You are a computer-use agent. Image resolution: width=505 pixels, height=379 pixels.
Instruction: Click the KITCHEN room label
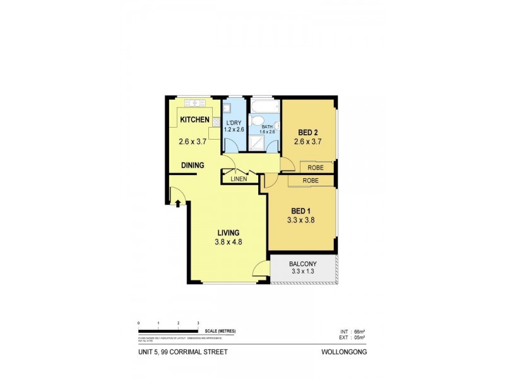194,120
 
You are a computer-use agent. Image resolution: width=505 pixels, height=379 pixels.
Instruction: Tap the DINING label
193,165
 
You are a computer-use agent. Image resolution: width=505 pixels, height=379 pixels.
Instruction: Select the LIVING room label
229,232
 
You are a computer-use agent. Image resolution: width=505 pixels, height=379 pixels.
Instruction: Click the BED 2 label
308,132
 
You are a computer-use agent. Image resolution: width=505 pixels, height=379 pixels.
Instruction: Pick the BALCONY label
302,263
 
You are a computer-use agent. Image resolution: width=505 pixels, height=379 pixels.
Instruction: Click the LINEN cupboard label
239,179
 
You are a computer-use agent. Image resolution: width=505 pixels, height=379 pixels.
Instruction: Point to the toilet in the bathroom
258,121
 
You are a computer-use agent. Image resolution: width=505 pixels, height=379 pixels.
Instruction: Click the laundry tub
227,108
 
